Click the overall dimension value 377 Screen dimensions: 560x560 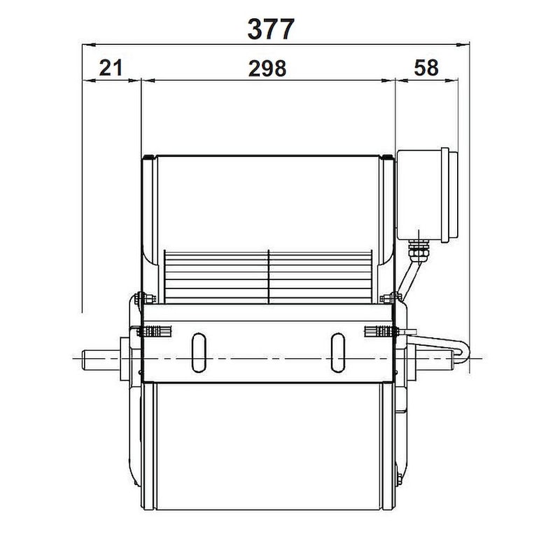tap(271, 29)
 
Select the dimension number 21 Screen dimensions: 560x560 tap(111, 68)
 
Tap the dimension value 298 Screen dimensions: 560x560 tap(267, 68)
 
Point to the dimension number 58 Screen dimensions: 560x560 tap(426, 67)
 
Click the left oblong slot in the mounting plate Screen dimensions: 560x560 tap(199, 353)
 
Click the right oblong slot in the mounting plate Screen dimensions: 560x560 tap(338, 353)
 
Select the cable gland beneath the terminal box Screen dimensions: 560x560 tap(417, 251)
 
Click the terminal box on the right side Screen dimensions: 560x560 tap(427, 195)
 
